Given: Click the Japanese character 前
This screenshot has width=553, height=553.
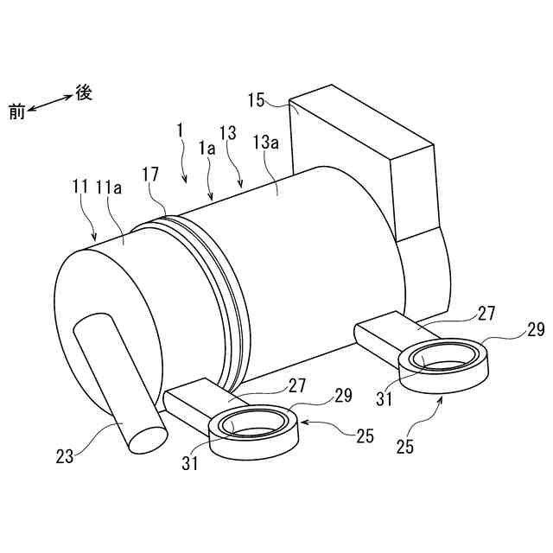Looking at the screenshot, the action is coord(16,110).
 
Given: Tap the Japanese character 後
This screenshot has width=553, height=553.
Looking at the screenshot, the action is coord(84,92).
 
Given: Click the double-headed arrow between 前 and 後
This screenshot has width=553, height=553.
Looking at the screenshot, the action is coord(50,101).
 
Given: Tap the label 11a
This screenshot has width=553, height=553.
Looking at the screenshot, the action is coord(109,186).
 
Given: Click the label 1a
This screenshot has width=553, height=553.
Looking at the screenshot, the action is coord(207,149).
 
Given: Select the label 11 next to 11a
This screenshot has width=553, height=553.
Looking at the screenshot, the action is coord(80,186).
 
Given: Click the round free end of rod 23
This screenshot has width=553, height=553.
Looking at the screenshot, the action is coord(146,437).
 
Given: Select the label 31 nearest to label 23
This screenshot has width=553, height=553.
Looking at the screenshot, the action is coord(191,463).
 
